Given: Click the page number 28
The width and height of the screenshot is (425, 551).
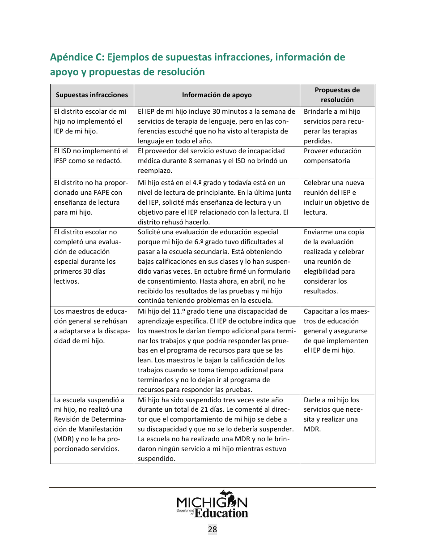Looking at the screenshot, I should (212, 529).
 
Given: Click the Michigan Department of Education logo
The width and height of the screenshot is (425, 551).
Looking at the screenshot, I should (212, 504).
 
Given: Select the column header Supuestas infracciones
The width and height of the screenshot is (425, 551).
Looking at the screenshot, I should (92, 95).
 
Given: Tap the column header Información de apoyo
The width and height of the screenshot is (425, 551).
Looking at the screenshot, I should (217, 95).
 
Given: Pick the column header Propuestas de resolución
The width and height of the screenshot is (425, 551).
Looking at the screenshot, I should (337, 95).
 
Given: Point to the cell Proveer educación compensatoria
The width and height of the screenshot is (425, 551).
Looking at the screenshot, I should (332, 156).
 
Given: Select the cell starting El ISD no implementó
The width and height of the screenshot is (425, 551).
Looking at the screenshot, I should (91, 156).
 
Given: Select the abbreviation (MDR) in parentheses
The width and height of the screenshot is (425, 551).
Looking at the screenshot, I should (64, 439).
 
